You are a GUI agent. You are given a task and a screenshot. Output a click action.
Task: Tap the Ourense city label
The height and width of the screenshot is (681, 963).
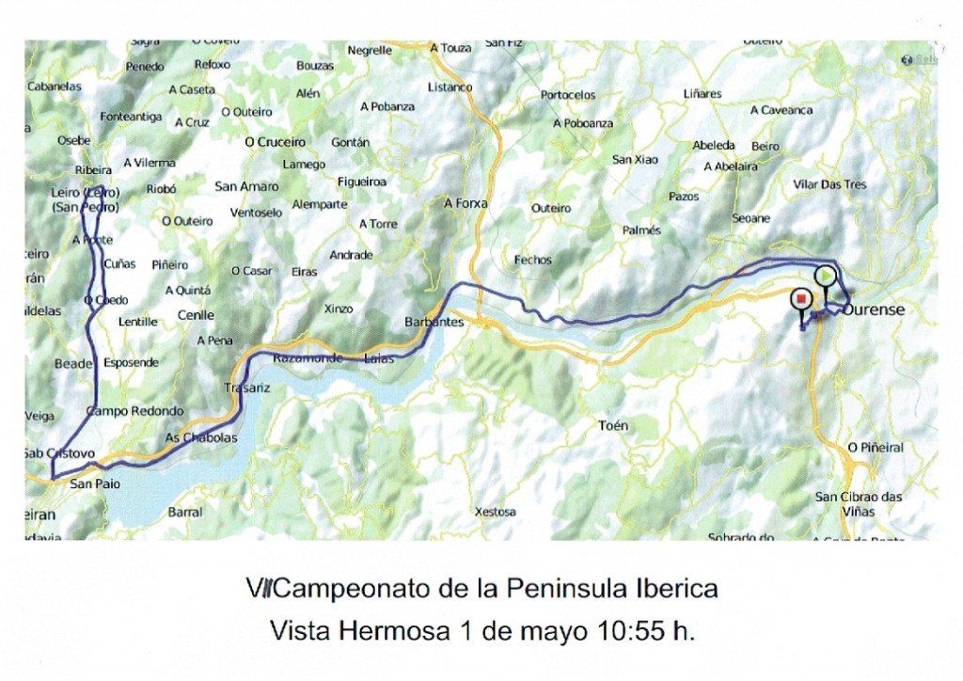[x=874, y=309]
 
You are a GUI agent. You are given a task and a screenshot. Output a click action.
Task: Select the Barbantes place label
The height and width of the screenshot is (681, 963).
[x=434, y=322]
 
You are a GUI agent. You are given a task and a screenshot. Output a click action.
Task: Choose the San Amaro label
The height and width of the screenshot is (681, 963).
[x=246, y=186]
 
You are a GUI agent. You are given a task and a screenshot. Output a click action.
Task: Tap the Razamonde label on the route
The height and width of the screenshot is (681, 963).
[x=308, y=358]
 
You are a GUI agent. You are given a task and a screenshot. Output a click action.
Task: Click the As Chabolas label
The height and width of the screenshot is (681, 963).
[x=201, y=437]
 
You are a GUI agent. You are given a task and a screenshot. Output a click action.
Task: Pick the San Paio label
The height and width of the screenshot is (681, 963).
[x=94, y=484]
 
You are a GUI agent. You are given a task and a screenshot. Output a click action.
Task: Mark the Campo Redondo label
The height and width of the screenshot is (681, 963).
[x=134, y=411]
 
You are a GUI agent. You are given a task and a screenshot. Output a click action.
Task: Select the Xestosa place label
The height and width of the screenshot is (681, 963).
[x=495, y=512]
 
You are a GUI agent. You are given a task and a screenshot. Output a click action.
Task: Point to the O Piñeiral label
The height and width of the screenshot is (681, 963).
[x=875, y=448]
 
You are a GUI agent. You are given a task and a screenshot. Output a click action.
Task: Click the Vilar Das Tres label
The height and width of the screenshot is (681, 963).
[x=829, y=184]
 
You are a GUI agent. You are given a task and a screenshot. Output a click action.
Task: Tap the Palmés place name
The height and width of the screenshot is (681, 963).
[x=641, y=230]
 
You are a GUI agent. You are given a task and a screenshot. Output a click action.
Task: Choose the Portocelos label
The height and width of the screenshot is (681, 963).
[x=568, y=95]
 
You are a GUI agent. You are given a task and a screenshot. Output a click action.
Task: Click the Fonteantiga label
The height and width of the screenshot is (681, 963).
[x=131, y=117]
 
